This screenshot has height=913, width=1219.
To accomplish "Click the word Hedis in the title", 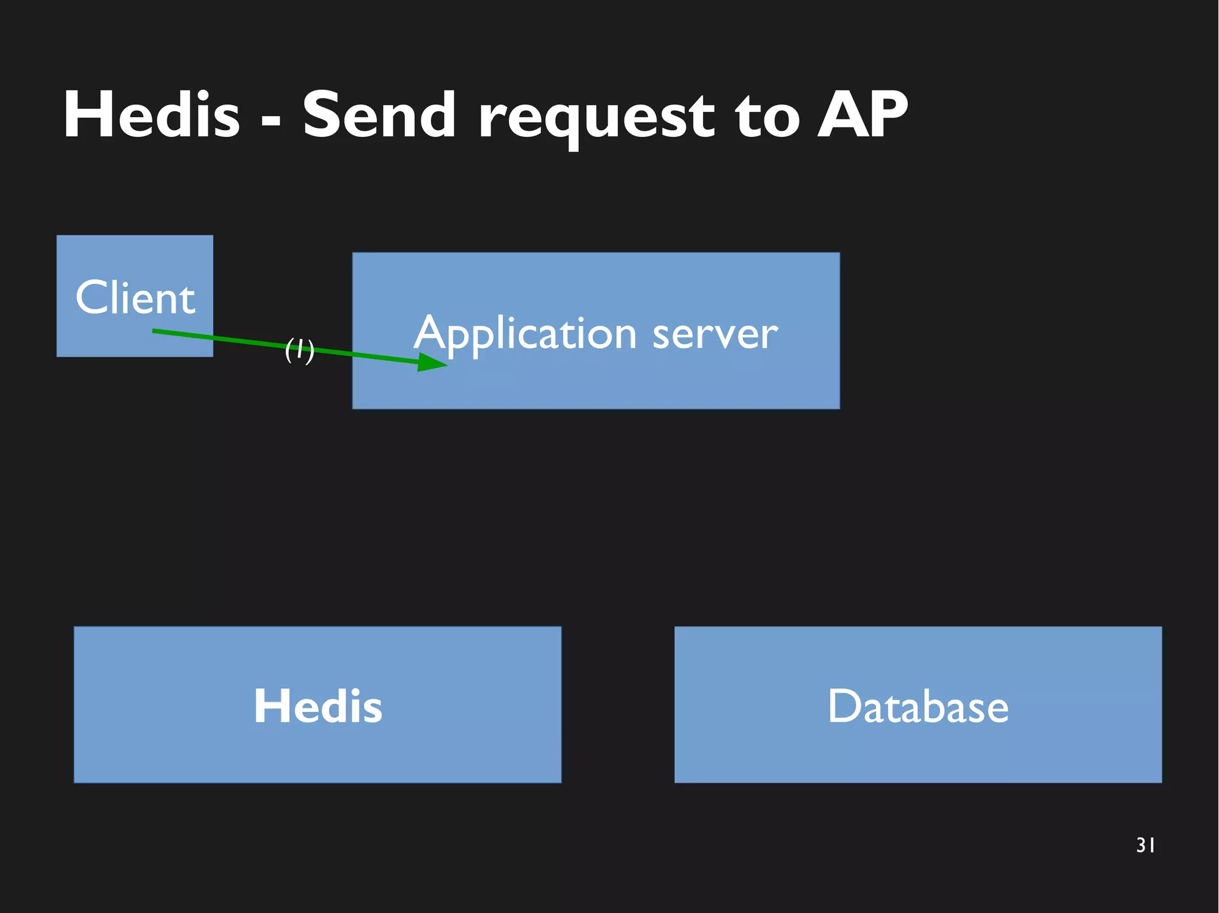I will pyautogui.click(x=152, y=115).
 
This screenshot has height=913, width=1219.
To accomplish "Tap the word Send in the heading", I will pyautogui.click(x=379, y=115).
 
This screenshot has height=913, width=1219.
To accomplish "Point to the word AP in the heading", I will pyautogui.click(x=862, y=115).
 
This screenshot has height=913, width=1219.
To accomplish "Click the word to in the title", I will pyautogui.click(x=767, y=118).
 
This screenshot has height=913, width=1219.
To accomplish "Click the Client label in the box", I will pyautogui.click(x=135, y=297).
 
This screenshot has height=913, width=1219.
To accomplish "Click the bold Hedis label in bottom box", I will pyautogui.click(x=318, y=706).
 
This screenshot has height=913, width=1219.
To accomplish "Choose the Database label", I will pyautogui.click(x=918, y=706).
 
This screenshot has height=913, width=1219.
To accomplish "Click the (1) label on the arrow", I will pyautogui.click(x=299, y=350).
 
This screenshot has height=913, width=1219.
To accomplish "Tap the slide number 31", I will pyautogui.click(x=1145, y=845).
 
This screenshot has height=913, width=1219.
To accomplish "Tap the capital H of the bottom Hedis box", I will pyautogui.click(x=271, y=705).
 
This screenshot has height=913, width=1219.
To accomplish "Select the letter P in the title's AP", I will pyautogui.click(x=885, y=115).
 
